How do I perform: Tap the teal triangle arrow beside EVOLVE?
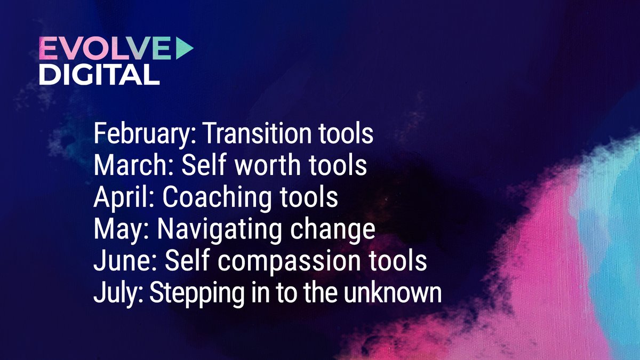coord(183,50)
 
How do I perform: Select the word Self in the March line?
coord(199,165)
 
